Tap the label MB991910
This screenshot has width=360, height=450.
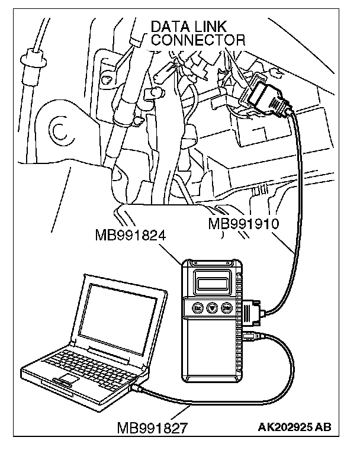tap(244, 224)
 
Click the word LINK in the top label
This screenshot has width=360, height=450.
tap(214, 27)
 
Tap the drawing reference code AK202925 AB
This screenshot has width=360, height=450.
tap(294, 427)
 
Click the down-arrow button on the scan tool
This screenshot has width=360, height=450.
tap(211, 308)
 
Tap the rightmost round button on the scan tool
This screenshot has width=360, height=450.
tap(226, 308)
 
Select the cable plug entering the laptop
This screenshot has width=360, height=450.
tap(137, 387)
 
